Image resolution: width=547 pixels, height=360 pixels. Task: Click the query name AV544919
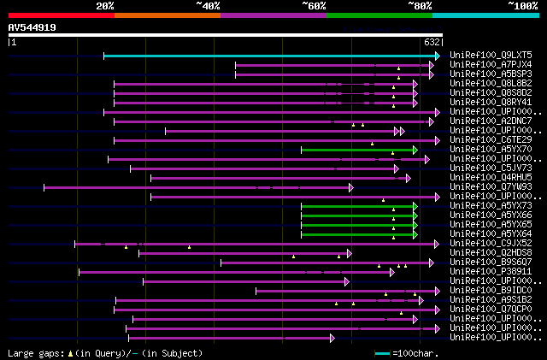(x=32, y=27)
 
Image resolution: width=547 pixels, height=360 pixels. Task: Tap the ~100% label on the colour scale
(x=521, y=5)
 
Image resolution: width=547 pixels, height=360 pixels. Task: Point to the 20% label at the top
(x=105, y=5)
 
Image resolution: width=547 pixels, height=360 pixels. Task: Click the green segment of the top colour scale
(x=379, y=15)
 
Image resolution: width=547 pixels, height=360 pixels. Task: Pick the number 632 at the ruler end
(x=432, y=42)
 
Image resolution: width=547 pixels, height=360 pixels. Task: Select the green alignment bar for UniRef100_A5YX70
(x=357, y=150)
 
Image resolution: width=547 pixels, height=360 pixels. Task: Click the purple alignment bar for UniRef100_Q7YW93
(x=197, y=187)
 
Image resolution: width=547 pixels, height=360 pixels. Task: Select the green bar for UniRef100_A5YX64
(x=357, y=234)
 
